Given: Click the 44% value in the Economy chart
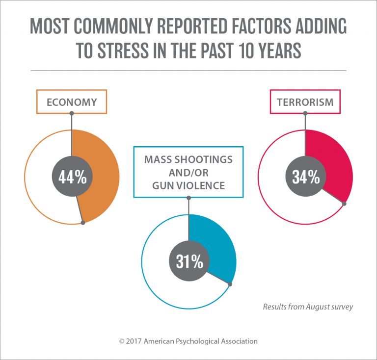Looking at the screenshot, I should tap(72, 177).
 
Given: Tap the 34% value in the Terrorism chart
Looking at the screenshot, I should tap(305, 177).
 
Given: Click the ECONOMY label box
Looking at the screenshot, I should tap(71, 103).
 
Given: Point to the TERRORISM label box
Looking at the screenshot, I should tap(305, 102).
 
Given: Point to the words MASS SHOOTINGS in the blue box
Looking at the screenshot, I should tap(188, 160).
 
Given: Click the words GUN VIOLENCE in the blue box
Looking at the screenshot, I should tap(188, 186).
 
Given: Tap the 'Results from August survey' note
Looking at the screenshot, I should tap(308, 307).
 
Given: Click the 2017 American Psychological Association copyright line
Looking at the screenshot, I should tap(188, 341).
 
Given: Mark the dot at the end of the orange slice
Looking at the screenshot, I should tap(82, 223).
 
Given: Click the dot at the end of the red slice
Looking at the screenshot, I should tap(345, 203).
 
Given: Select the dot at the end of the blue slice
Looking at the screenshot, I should tap(230, 283).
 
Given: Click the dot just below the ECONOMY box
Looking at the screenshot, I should tap(72, 113).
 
